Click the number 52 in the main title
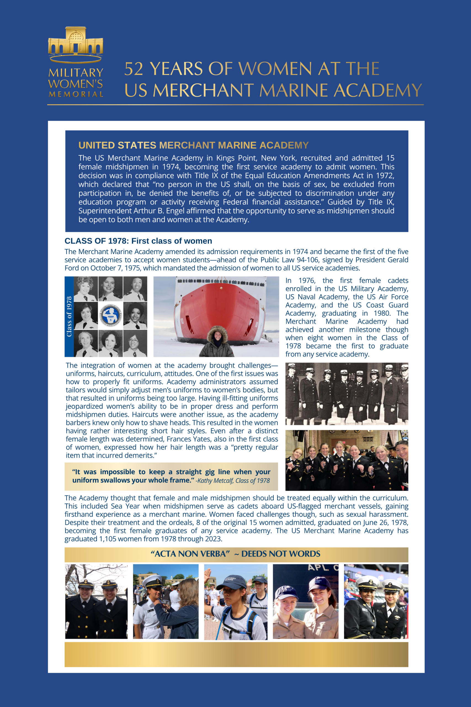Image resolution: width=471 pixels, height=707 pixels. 134,69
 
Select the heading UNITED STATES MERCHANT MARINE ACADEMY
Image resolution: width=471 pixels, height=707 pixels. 193,145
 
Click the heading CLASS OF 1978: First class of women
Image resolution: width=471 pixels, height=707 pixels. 138,241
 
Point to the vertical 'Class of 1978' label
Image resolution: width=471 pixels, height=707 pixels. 69,316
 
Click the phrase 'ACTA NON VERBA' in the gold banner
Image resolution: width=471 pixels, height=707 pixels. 190,554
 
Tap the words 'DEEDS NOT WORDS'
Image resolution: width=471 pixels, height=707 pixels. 281,554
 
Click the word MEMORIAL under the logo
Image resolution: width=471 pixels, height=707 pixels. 76,94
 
